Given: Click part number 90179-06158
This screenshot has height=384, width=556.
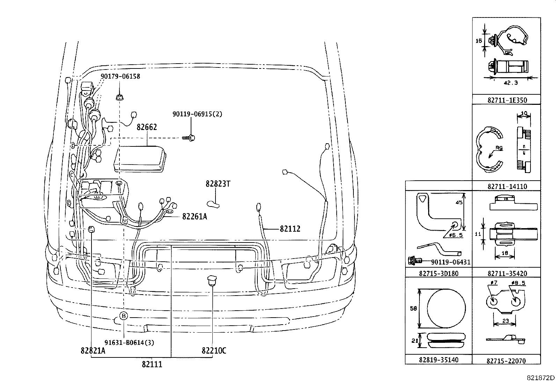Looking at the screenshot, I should point(120,76).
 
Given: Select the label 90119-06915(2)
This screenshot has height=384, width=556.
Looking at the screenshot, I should point(197,114).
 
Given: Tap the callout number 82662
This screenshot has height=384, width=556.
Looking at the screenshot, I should point(147,127).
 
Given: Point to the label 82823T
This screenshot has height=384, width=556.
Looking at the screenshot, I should point(218,184).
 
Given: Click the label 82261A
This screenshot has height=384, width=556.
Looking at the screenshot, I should point(195,217).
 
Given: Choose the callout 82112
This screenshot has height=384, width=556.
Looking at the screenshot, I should point(290,229).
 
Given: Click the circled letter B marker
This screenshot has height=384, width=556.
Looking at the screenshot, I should point(124,316).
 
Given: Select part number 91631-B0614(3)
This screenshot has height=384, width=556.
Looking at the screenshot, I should point(129,343).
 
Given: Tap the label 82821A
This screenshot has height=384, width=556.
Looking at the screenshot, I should point(93,351).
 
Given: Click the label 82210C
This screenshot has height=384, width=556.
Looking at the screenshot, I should point(214,351).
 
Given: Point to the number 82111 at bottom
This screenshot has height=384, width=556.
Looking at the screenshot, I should point(152,364).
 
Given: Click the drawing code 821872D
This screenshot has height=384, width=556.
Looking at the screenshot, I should point(541,378).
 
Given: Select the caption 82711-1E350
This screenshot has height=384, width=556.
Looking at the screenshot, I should point(507,100).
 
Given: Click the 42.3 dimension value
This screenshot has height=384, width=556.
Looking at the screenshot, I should point(511,83).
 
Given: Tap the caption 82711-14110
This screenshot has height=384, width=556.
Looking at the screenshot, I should point(507,187).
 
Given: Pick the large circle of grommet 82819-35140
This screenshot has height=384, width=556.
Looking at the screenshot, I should point(446,308).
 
